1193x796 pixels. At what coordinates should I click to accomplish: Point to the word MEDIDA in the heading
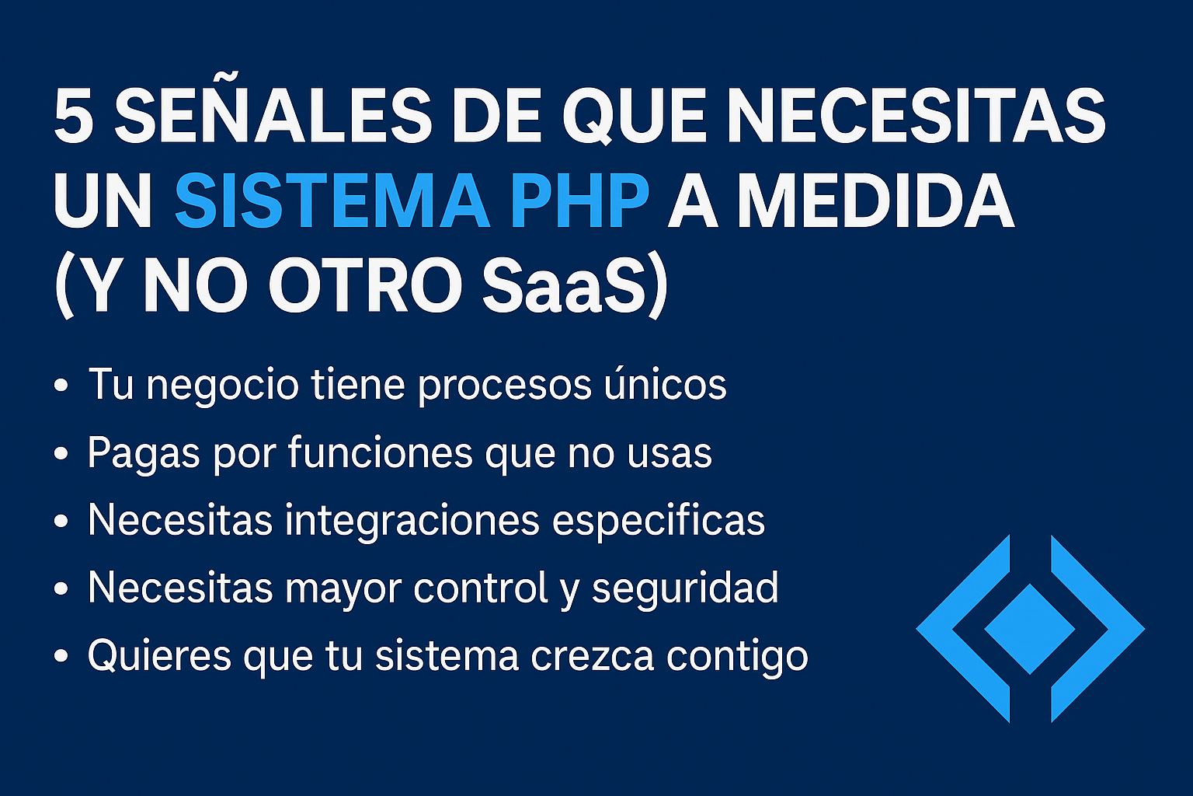point(875,201)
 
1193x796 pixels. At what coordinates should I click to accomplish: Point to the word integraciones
point(412,521)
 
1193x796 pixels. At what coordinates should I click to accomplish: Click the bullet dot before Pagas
point(61,454)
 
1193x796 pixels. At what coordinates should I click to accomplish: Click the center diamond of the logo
point(1029,629)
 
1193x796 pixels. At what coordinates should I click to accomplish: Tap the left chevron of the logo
point(960,629)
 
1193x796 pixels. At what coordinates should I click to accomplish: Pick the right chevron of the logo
point(1100,629)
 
